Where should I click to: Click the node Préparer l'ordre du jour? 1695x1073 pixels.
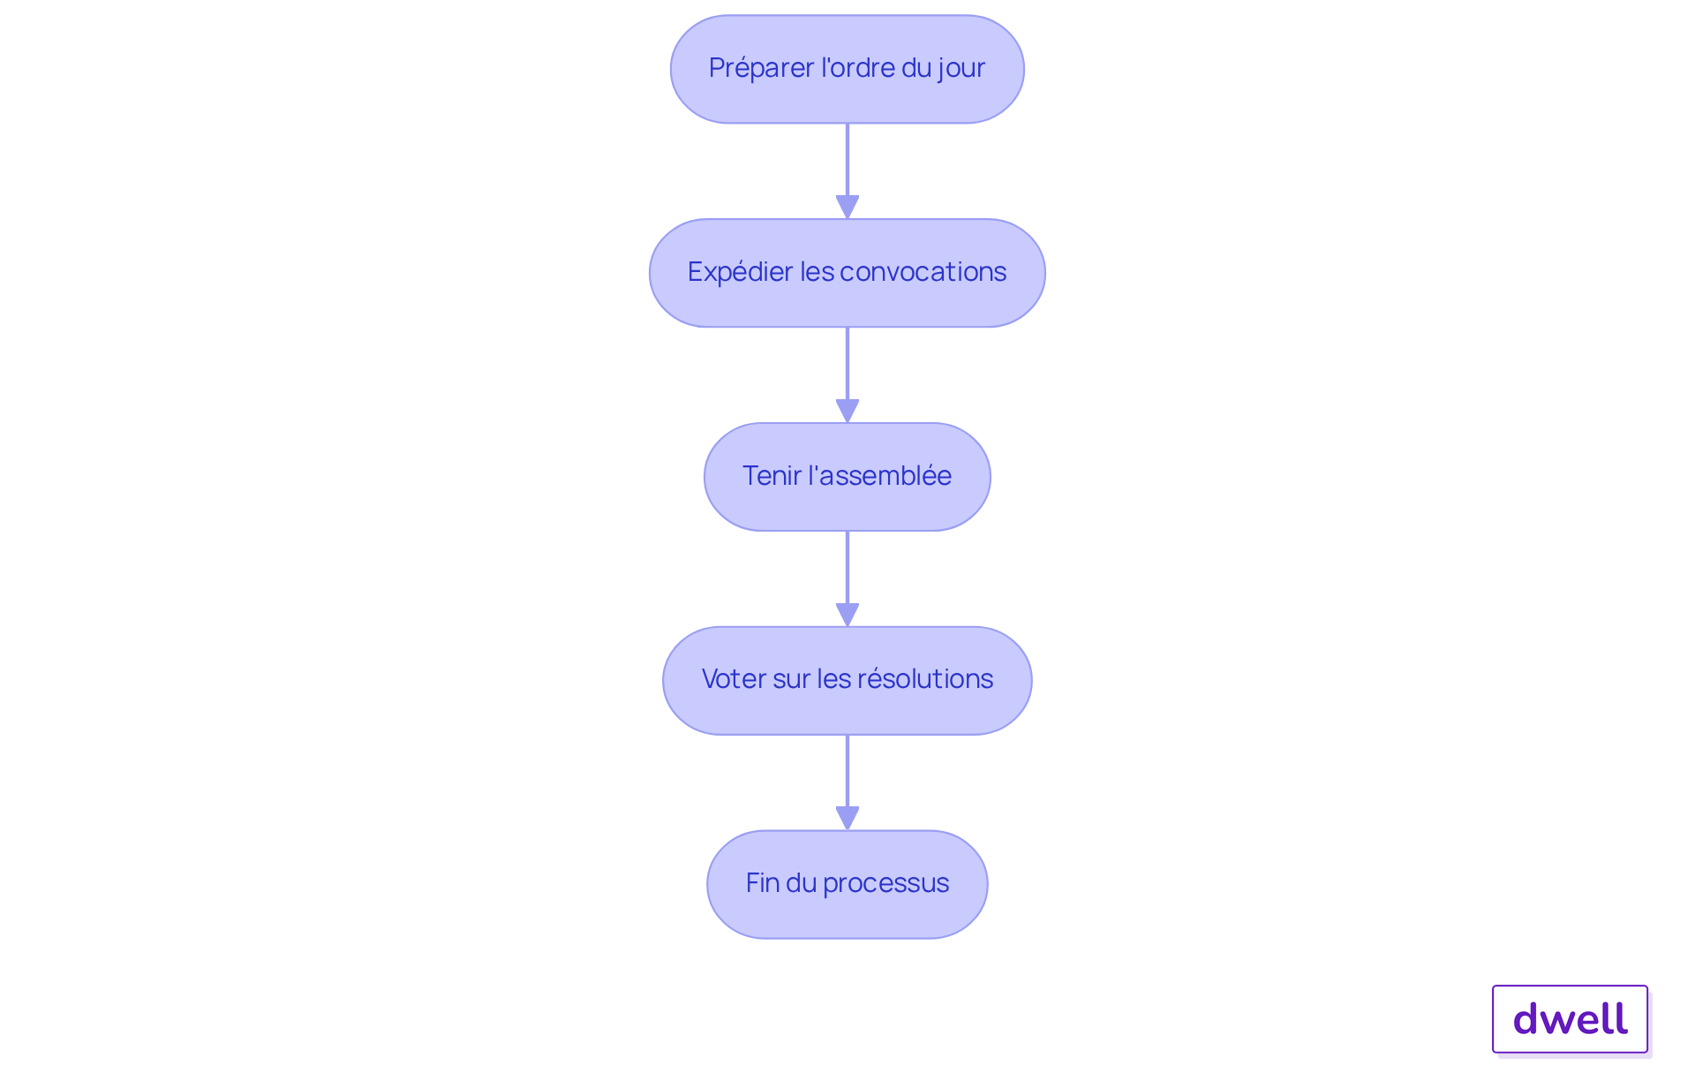pyautogui.click(x=847, y=69)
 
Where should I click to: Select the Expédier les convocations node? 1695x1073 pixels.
pyautogui.click(x=847, y=273)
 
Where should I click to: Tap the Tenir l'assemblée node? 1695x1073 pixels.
pyautogui.click(x=847, y=477)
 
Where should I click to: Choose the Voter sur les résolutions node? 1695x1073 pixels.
pyautogui.click(x=847, y=681)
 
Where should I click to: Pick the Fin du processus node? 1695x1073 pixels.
pyautogui.click(x=847, y=884)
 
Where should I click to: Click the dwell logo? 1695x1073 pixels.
pyautogui.click(x=1570, y=1019)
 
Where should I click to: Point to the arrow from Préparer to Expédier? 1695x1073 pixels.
pyautogui.click(x=847, y=171)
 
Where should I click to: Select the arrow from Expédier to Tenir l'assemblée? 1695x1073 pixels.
pyautogui.click(x=847, y=375)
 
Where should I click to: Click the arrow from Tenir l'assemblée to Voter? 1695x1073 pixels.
pyautogui.click(x=847, y=579)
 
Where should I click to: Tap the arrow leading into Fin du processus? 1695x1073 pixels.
pyautogui.click(x=847, y=782)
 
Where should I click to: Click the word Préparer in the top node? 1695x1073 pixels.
pyautogui.click(x=761, y=68)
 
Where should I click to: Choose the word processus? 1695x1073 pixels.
pyautogui.click(x=886, y=884)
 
